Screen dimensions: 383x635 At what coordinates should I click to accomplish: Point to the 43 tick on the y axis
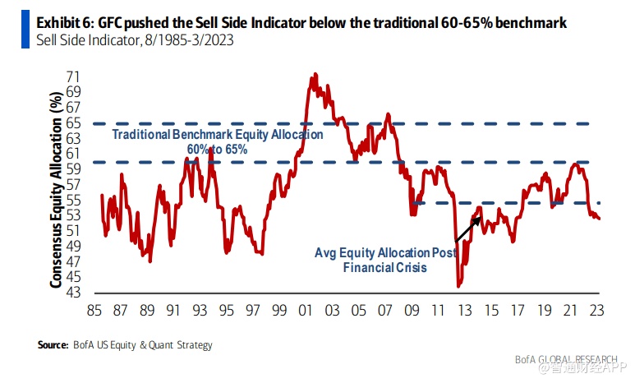(74, 292)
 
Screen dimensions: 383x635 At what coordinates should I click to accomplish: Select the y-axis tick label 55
(74, 200)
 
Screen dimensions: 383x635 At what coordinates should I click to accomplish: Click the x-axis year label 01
(305, 311)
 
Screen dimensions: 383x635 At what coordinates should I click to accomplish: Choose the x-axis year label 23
(595, 311)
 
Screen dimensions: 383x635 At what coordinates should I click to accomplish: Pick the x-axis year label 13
(463, 311)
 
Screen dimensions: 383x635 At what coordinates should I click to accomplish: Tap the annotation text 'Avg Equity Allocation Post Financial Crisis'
(385, 259)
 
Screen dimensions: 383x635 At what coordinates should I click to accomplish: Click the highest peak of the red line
(314, 75)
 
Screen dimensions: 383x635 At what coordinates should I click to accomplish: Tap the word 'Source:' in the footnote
(53, 346)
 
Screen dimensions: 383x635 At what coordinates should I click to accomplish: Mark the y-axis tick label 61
(74, 154)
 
